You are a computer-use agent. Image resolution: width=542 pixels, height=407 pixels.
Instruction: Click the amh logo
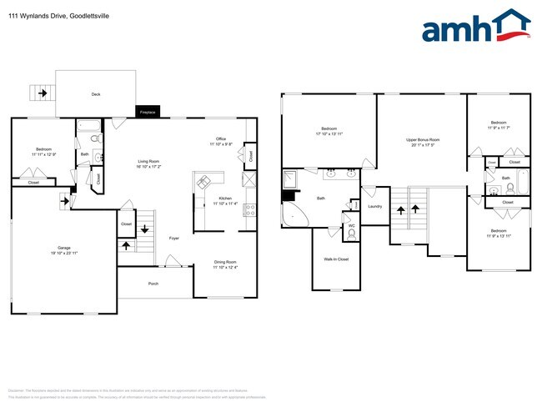pyautogui.click(x=475, y=27)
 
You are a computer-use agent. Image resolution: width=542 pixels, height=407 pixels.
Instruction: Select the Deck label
pyautogui.click(x=96, y=95)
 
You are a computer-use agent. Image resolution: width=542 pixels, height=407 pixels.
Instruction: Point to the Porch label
pyautogui.click(x=153, y=284)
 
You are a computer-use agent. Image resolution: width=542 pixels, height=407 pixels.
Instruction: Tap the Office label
pyautogui.click(x=221, y=138)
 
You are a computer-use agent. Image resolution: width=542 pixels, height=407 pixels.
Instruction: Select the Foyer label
pyautogui.click(x=174, y=239)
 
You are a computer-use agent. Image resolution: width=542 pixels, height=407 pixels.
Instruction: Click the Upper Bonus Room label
pyautogui.click(x=423, y=139)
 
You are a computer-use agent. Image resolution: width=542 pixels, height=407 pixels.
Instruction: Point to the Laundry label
pyautogui.click(x=374, y=206)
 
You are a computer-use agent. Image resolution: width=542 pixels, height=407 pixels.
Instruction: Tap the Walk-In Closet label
pyautogui.click(x=336, y=259)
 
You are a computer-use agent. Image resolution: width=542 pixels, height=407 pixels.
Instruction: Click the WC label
pyautogui.click(x=351, y=225)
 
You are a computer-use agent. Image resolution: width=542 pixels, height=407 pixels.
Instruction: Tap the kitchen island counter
pyautogui.click(x=207, y=183)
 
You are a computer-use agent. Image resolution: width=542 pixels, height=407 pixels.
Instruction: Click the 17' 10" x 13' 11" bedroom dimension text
pyautogui.click(x=329, y=133)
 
